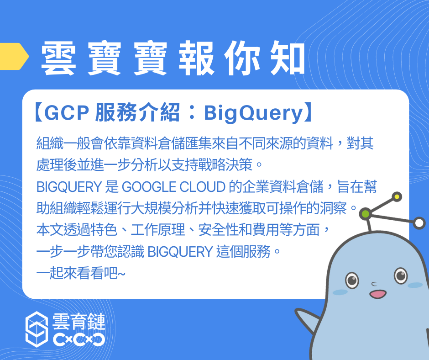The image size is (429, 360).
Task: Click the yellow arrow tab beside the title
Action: point(14,56)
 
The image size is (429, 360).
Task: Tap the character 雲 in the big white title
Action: point(58,58)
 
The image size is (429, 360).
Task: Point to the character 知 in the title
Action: point(288,58)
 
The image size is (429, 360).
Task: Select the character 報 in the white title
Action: point(196,58)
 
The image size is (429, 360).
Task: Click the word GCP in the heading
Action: point(67,112)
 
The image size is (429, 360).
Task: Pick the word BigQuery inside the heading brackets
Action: point(254,113)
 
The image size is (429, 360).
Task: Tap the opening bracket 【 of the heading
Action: point(38,112)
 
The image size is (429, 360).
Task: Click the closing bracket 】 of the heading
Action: point(308,112)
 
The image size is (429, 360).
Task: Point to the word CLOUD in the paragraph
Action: point(203,187)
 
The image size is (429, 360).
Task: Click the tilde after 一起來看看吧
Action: point(121,273)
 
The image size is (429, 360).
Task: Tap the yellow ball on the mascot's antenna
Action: point(397,197)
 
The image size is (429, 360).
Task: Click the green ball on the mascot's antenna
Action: point(366,213)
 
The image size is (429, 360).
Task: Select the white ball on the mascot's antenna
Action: point(419,223)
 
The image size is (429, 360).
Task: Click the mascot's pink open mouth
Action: point(378,294)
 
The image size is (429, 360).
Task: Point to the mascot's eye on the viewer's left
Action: point(352,280)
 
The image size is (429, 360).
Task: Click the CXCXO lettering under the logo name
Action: point(79,339)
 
